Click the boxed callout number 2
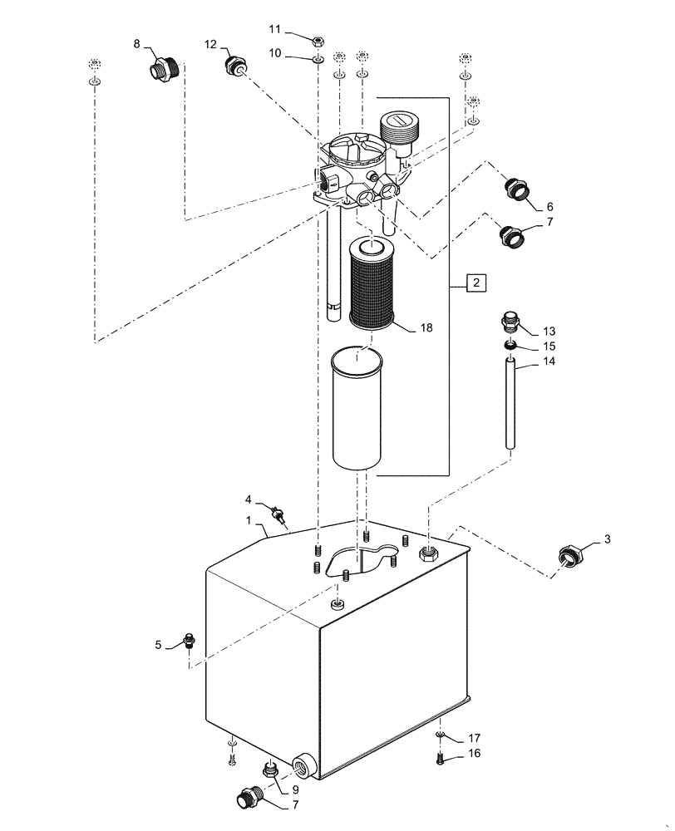click(x=475, y=284)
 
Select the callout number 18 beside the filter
click(x=426, y=328)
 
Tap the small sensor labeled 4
click(x=280, y=515)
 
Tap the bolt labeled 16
click(x=441, y=757)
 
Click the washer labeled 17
click(x=441, y=735)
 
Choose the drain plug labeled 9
click(x=270, y=770)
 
